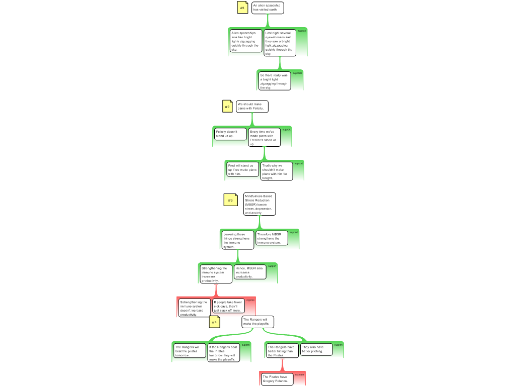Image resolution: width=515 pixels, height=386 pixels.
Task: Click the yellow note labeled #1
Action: point(242,8)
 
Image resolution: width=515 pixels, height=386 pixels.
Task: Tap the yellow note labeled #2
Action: point(227,107)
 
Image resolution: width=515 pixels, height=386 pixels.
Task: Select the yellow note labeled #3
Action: point(230,200)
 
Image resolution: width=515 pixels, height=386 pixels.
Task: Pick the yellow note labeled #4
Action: point(214,322)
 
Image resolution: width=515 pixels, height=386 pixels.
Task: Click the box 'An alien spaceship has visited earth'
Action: point(268,8)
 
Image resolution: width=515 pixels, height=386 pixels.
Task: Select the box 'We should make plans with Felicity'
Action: point(252,107)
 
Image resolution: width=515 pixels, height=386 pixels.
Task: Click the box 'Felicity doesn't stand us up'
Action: point(230,134)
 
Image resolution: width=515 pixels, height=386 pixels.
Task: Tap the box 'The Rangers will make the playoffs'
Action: point(257,322)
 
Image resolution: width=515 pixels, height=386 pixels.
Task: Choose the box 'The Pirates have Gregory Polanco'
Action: point(277,379)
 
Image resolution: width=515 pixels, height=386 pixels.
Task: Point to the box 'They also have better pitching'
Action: point(316,349)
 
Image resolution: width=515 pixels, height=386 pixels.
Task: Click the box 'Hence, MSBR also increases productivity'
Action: point(250,272)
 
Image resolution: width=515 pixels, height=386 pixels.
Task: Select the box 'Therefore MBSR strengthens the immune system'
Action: point(272,238)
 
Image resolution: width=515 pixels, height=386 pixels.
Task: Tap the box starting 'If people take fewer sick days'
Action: point(228,306)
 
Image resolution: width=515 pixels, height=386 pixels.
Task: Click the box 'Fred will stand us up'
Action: point(242,169)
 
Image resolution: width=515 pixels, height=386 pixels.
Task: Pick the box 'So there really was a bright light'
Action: point(275,81)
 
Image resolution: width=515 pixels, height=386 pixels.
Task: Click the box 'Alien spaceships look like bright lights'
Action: point(246,41)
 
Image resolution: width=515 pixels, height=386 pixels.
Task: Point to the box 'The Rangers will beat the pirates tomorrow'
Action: point(189,351)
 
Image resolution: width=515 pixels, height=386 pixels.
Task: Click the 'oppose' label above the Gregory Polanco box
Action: point(300,374)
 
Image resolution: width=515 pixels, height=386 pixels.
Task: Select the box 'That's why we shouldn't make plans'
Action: point(276,171)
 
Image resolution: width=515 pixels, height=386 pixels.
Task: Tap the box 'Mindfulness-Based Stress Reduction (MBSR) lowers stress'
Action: point(260,205)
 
